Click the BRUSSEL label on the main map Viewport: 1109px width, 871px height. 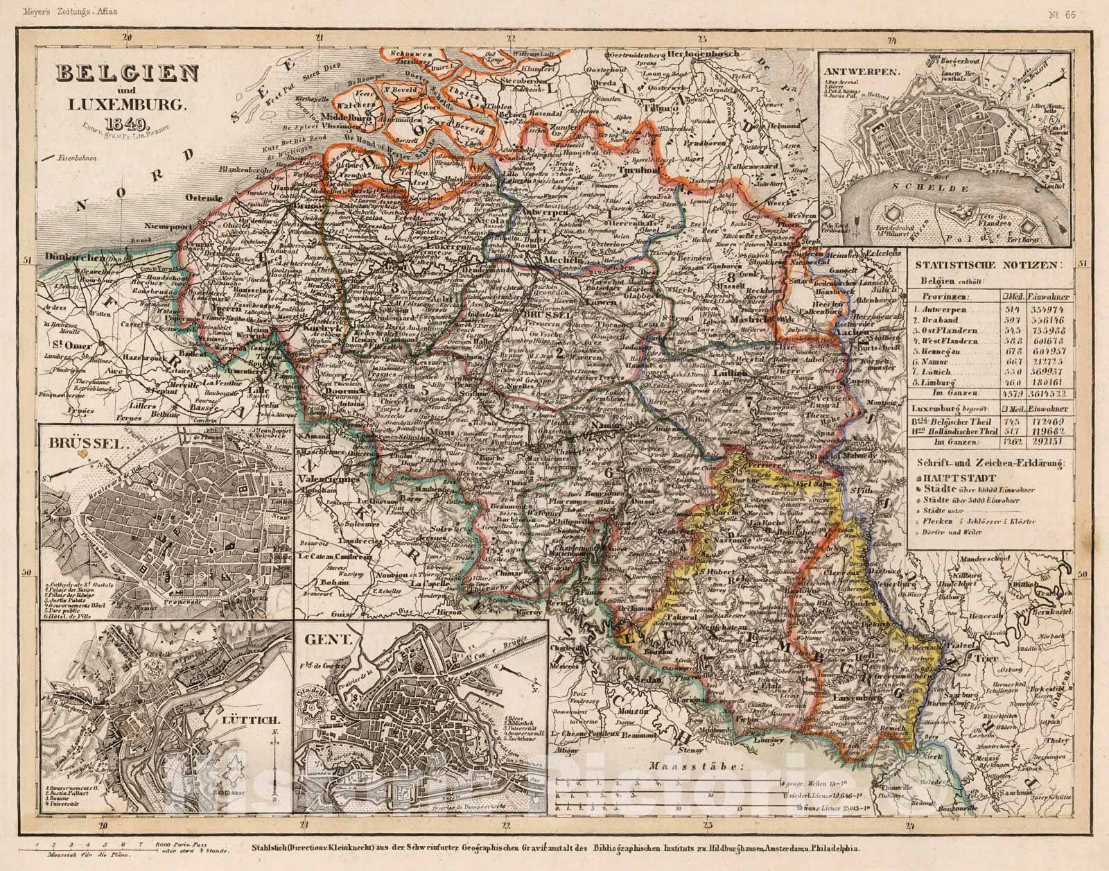(x=548, y=316)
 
